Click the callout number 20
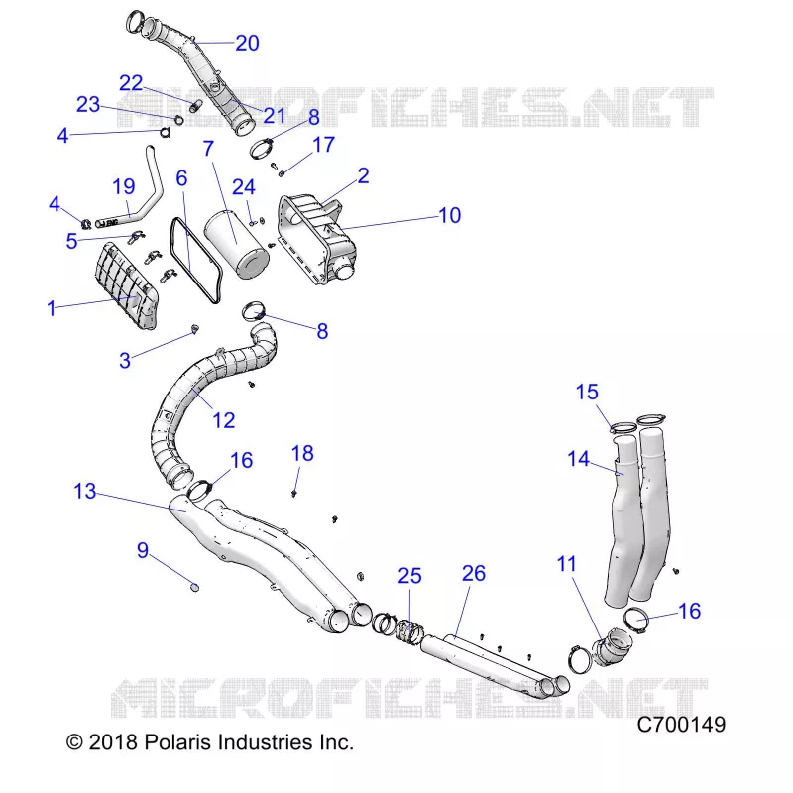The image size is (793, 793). point(247,43)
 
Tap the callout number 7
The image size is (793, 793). point(208,149)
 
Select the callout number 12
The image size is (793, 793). point(224,420)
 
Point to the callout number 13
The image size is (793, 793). point(85,491)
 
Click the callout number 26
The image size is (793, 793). point(474,574)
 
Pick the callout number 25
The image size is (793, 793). point(409,576)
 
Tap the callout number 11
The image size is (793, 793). point(566,564)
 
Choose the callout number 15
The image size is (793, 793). point(587,392)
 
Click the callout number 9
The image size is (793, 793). point(143,550)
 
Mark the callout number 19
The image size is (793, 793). point(123,186)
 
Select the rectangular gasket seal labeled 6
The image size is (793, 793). point(196,260)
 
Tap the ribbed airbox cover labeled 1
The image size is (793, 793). point(126,285)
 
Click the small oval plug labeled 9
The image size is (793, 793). point(194,587)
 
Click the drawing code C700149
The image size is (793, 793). point(681,725)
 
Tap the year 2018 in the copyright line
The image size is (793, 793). point(113,742)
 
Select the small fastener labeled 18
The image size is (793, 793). point(293,493)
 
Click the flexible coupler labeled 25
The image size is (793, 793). point(409,630)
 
